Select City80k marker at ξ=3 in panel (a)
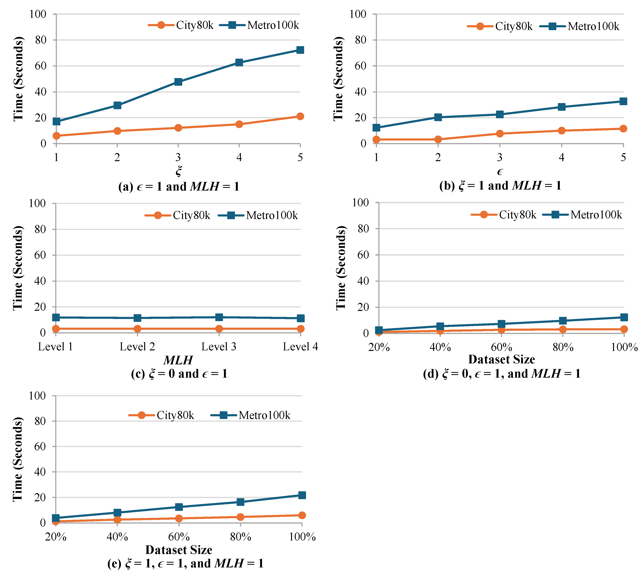tap(178, 128)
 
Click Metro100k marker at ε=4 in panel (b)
tap(562, 107)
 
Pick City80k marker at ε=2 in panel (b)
tap(438, 139)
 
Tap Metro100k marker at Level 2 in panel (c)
tap(137, 318)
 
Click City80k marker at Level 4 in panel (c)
tap(300, 329)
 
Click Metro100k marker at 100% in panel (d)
tap(624, 317)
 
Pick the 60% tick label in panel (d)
tap(501, 347)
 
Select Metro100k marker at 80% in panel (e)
tap(240, 502)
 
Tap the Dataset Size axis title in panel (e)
tap(179, 550)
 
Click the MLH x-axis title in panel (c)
tap(178, 360)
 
